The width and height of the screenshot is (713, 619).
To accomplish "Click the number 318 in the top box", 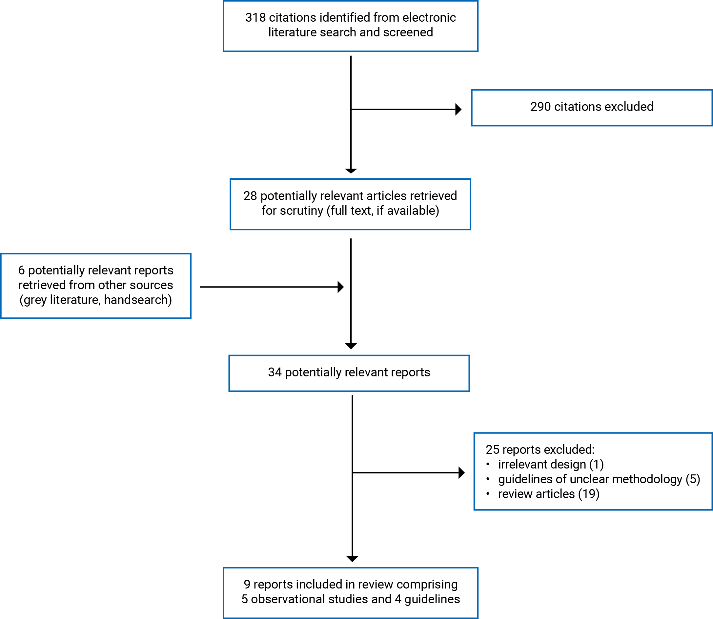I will click(x=255, y=18).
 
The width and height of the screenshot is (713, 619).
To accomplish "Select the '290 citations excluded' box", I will click(x=591, y=108).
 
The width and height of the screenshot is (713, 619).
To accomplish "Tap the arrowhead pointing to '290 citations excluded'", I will click(x=458, y=110).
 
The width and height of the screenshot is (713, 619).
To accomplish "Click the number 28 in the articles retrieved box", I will click(x=250, y=196).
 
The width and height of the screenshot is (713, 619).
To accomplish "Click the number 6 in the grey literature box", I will click(x=21, y=270).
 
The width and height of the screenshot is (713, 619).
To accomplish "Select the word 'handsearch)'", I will click(x=138, y=300).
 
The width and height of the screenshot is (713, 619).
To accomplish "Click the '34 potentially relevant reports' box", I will click(x=349, y=373).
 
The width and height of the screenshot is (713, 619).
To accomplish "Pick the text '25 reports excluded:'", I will click(x=540, y=449).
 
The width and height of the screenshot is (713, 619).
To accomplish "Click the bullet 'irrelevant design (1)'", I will click(x=551, y=464).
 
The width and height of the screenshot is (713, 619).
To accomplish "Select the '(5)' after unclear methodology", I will click(x=693, y=479).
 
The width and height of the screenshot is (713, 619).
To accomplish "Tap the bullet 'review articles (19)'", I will click(x=549, y=494).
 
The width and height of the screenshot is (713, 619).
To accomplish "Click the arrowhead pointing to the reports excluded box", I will click(x=461, y=472).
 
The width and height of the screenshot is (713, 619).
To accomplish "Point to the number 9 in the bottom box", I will click(x=247, y=584).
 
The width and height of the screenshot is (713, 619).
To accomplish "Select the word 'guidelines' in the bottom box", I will click(x=432, y=599).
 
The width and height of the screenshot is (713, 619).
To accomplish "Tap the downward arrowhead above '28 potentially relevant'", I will click(x=351, y=170).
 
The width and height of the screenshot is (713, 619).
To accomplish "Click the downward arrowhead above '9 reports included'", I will click(x=352, y=559).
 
